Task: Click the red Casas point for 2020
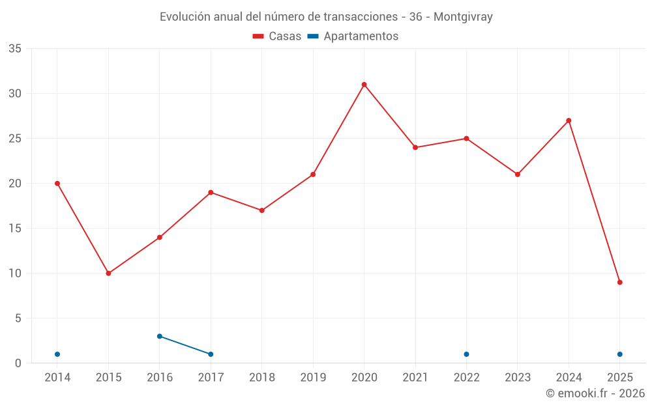[x=364, y=85]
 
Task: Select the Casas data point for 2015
[x=108, y=274]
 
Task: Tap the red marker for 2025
[x=619, y=283]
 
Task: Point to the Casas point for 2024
[x=569, y=120]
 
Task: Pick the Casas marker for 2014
[x=57, y=184]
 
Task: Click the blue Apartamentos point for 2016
[x=160, y=336]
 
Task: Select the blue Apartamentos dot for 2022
[x=466, y=354]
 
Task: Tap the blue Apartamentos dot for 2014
[x=57, y=354]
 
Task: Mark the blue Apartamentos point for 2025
[x=619, y=354]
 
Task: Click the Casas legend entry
[x=277, y=36]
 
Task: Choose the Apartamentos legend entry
[x=353, y=36]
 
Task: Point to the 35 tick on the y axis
[x=15, y=49]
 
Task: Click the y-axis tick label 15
[x=15, y=229]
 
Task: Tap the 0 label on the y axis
[x=18, y=363]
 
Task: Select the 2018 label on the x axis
[x=261, y=378]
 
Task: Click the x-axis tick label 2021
[x=415, y=378]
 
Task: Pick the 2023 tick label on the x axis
[x=518, y=378]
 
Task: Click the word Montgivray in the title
[x=463, y=17]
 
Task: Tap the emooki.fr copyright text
[x=595, y=393]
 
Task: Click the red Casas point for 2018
[x=261, y=210]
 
